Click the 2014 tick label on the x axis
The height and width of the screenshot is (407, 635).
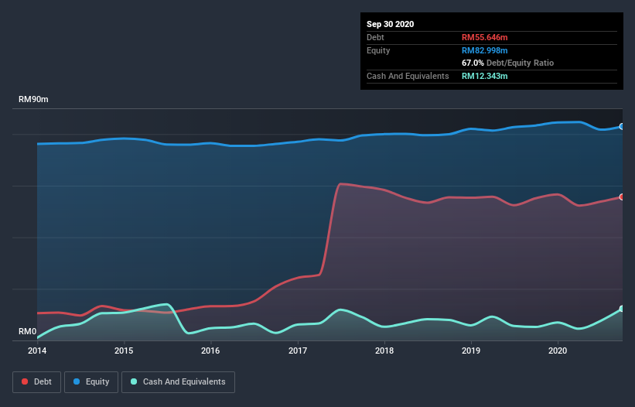tap(37, 351)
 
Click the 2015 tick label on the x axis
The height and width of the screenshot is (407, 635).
tap(124, 351)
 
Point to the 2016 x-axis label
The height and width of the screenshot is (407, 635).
tap(210, 351)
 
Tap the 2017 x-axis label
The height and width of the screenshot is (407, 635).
tap(298, 351)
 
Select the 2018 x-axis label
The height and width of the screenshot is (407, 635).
tap(384, 351)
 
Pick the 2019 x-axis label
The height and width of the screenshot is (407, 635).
tap(471, 351)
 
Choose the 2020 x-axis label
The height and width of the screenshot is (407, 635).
tap(558, 351)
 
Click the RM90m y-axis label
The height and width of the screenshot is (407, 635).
tap(35, 101)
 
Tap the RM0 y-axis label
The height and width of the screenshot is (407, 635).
tap(28, 332)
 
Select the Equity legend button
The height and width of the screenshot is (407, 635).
tap(91, 381)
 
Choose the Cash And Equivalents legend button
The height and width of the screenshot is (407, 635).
tap(178, 381)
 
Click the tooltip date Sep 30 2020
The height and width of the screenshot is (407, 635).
tap(391, 24)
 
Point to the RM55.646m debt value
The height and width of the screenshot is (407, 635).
tap(484, 37)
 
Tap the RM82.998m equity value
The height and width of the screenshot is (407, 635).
tap(484, 50)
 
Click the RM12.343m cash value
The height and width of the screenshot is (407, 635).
tap(484, 76)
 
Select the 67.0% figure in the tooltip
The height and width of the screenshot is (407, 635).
tap(473, 63)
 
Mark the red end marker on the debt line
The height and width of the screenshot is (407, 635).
tap(622, 197)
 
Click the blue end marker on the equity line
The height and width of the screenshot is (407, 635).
tap(622, 126)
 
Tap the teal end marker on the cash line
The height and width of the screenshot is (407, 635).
tap(622, 309)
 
